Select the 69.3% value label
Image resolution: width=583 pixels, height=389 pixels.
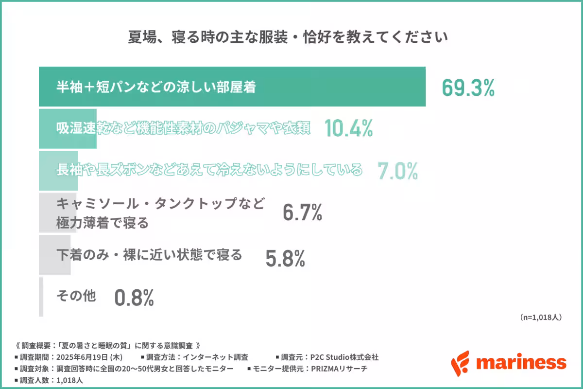pos(468,88)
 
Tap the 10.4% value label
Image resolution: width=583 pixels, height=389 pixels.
pos(348,128)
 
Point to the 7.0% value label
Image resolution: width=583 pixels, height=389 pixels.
pos(398,171)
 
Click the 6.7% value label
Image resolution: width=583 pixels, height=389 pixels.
pos(302,213)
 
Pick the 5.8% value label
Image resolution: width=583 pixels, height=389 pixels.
pos(285,259)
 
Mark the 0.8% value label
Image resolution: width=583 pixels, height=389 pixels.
pos(134,298)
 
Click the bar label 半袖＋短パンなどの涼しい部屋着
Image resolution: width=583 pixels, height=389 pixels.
pos(155,88)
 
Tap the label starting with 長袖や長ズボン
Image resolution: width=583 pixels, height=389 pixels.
pos(209,170)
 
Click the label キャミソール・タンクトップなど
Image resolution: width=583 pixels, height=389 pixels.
pos(160,203)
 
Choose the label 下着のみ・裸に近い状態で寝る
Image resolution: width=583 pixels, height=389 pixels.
pos(149,254)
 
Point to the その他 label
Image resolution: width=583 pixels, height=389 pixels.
pos(76,296)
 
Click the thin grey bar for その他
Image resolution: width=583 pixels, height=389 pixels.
pos(41,297)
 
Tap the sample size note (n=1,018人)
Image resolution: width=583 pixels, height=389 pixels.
pos(541,317)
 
